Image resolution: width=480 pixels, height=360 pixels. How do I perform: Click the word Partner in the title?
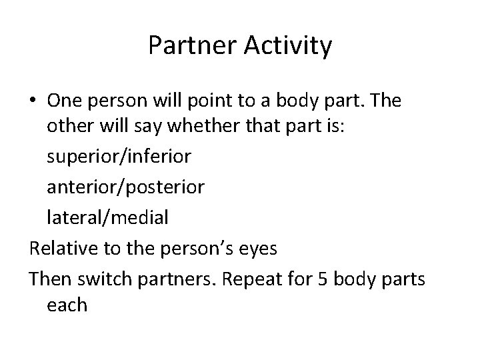tap(188, 46)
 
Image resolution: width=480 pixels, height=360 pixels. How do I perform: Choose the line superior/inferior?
tap(119, 157)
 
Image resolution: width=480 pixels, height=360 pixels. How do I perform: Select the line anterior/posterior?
tap(126, 187)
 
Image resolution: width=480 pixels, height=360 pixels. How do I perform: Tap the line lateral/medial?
tap(107, 216)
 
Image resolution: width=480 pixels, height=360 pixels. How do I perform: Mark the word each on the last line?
tap(67, 305)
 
